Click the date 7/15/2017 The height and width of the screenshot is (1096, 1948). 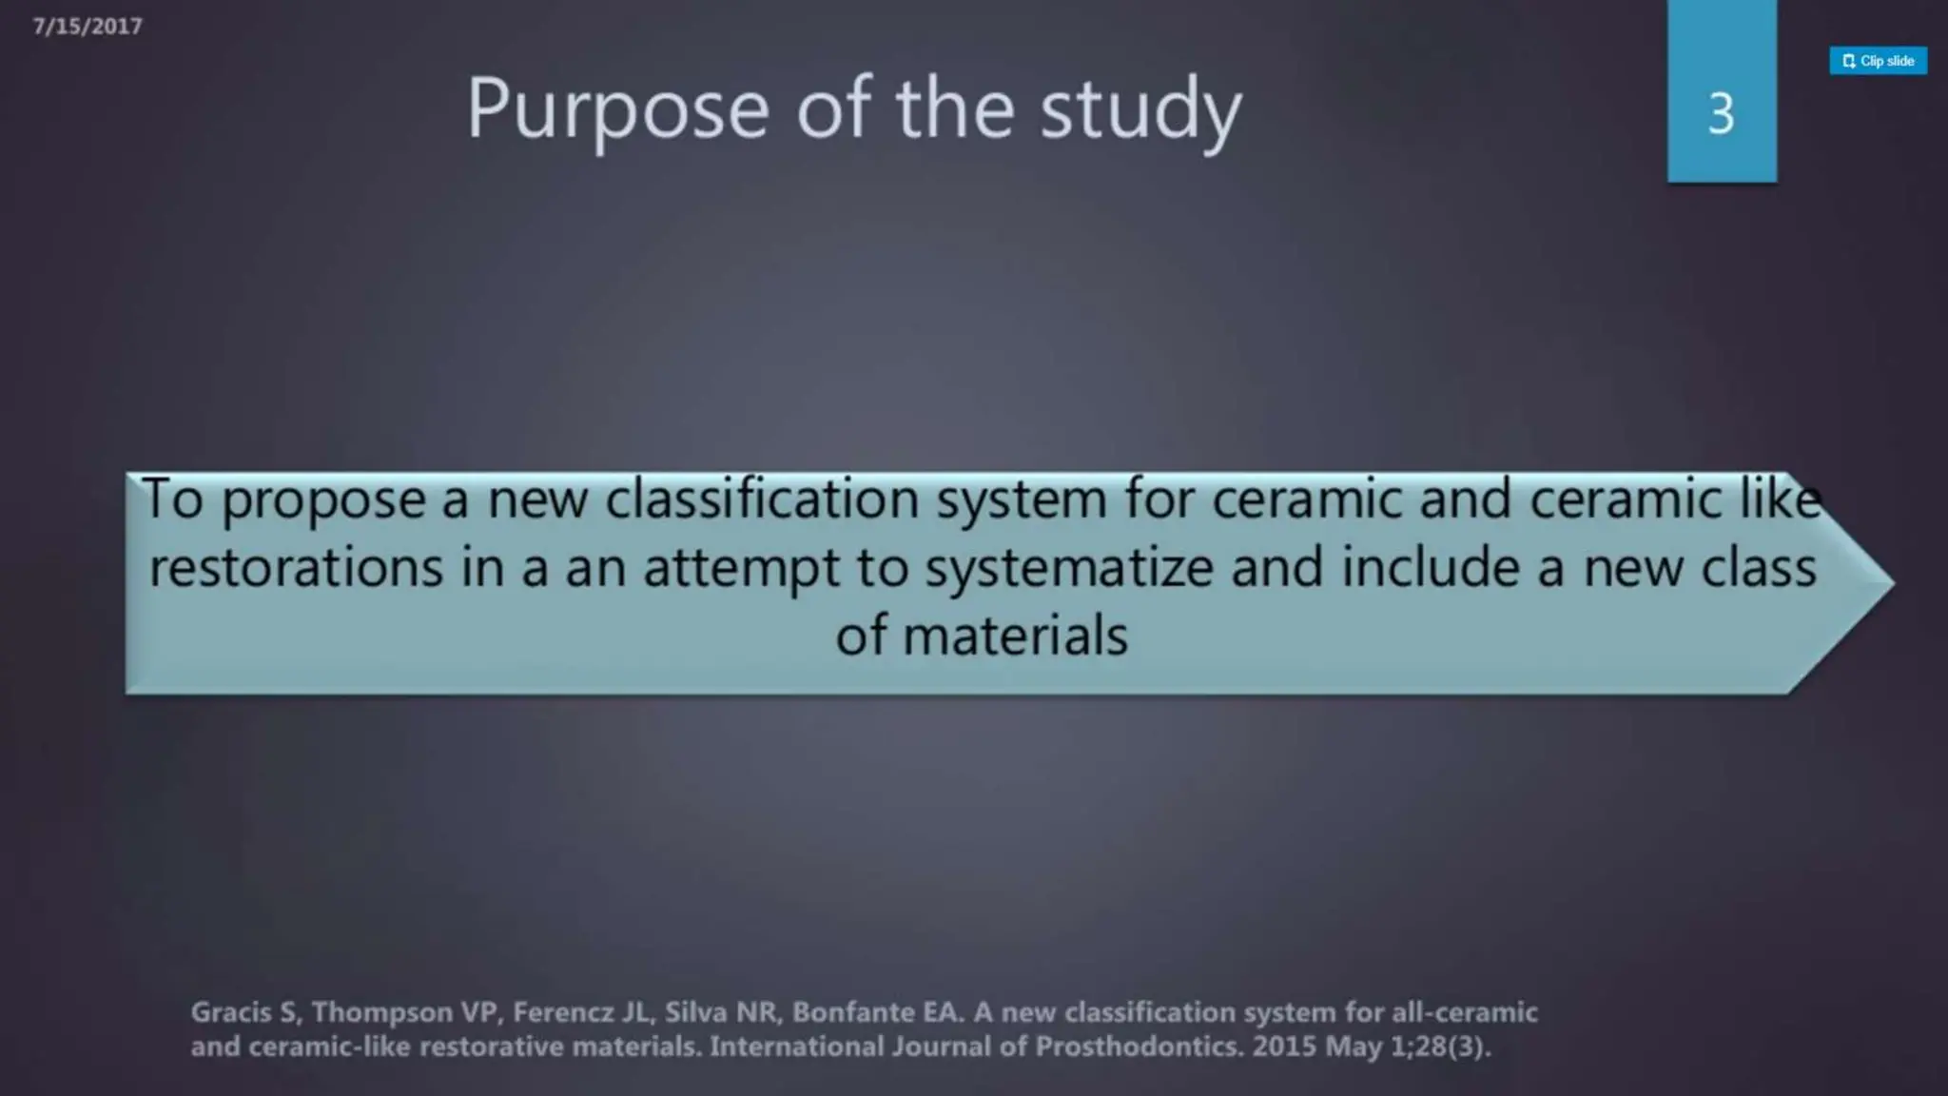(88, 27)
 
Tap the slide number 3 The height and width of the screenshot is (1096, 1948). (1721, 114)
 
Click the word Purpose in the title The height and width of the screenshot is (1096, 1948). (617, 110)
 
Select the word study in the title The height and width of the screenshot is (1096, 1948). (1140, 110)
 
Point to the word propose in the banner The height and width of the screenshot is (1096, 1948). (323, 500)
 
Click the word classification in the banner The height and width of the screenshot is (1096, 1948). (762, 499)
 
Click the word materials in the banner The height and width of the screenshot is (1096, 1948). (1015, 636)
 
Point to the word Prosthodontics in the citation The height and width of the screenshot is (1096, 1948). (1139, 1047)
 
